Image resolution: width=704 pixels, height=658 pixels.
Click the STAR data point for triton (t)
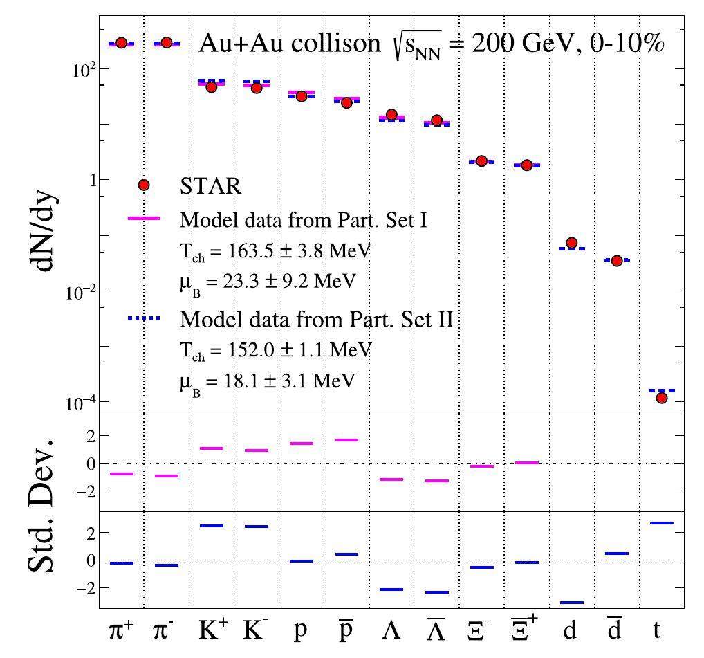tap(661, 398)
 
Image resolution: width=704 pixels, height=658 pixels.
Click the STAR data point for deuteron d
tap(571, 243)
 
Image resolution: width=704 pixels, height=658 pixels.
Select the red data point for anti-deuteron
tap(617, 261)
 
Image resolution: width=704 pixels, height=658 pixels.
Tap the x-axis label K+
tap(210, 631)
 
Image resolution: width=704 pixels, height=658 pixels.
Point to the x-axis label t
tap(656, 631)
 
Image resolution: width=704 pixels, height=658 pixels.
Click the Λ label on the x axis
tap(390, 631)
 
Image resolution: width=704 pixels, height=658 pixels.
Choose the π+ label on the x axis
tap(122, 631)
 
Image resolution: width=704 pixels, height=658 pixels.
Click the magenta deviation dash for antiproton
tap(346, 440)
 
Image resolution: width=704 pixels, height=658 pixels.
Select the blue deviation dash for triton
tap(661, 523)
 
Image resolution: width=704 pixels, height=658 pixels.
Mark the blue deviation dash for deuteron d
tap(571, 603)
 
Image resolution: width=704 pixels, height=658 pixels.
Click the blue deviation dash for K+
tap(211, 526)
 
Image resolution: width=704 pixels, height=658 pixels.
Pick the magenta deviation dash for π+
tap(122, 474)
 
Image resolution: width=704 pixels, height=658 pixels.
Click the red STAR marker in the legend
tap(144, 185)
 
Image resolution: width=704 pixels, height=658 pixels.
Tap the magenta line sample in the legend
tap(144, 218)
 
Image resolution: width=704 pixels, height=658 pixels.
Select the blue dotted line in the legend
tap(144, 318)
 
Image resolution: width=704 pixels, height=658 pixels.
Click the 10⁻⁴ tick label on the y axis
tap(78, 403)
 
